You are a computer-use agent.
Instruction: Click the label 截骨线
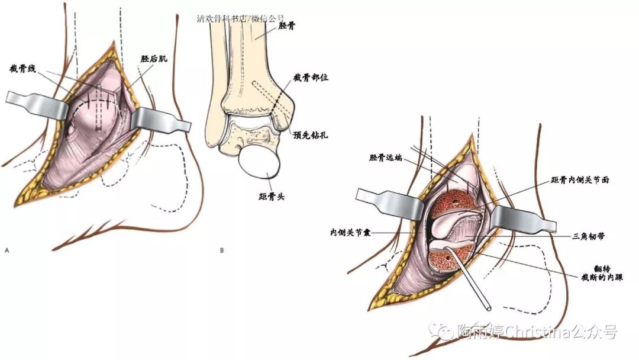(x=23, y=69)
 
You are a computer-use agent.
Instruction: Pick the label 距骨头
(x=272, y=196)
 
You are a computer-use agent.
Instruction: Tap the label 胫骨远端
(x=385, y=158)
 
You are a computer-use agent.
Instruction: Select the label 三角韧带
(x=588, y=235)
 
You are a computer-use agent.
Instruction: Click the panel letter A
(x=7, y=250)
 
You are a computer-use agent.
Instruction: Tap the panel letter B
(x=222, y=250)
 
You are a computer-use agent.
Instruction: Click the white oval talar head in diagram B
(x=260, y=163)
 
